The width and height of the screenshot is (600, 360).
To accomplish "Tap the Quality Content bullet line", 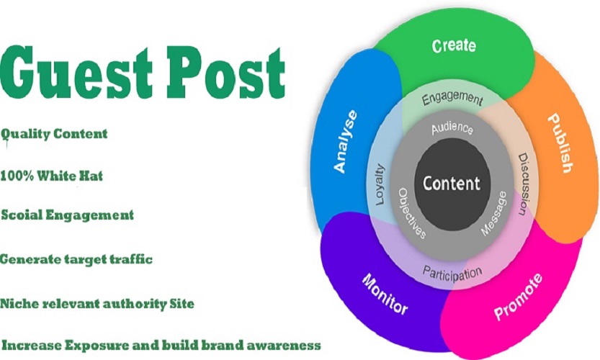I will tap(54, 134).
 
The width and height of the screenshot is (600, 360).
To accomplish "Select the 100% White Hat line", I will tap(51, 176).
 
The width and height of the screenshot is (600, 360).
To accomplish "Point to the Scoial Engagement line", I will tap(67, 215).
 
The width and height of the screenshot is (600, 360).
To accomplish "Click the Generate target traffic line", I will tap(76, 259).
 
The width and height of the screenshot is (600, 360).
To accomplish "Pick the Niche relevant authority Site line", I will tap(97, 303).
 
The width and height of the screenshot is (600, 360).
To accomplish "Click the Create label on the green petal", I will tap(454, 46).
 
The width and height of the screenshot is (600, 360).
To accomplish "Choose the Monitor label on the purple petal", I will tap(385, 294).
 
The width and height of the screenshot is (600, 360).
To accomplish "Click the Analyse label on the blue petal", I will tap(345, 140).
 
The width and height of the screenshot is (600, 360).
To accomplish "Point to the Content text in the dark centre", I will tap(452, 183).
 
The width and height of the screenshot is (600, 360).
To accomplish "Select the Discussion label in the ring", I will tap(523, 176).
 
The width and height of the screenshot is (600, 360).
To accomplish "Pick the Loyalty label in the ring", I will tap(380, 185).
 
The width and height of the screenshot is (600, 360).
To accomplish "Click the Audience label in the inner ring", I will tap(452, 129).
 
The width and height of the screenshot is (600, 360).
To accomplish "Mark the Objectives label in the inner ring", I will tap(413, 215).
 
